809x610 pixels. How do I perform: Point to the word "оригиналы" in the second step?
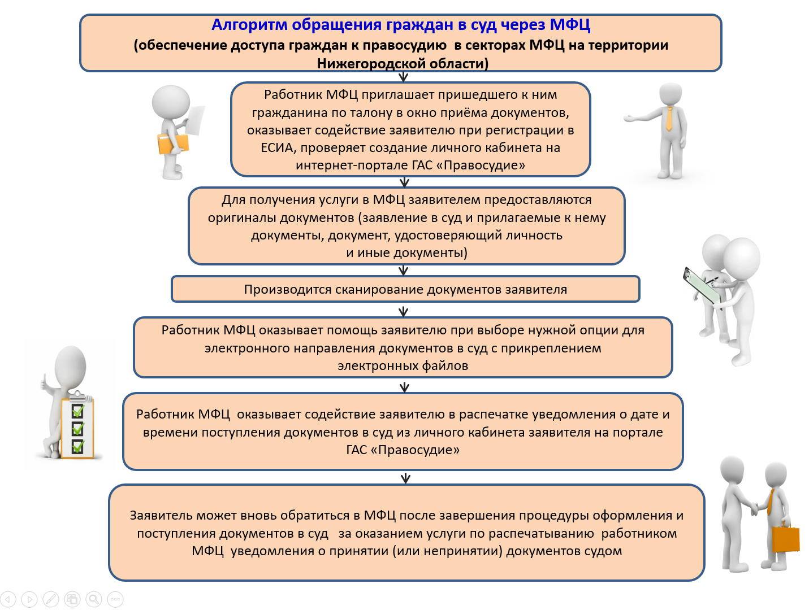[241, 217]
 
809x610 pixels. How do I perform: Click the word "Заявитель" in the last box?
[159, 516]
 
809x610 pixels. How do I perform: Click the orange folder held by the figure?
[172, 143]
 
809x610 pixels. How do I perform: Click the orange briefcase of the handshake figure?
[785, 540]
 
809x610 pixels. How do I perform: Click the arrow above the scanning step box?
[403, 271]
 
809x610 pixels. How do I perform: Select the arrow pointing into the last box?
[405, 478]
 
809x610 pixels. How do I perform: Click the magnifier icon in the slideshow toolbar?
[94, 599]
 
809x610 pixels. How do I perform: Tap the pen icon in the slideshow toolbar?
[51, 599]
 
